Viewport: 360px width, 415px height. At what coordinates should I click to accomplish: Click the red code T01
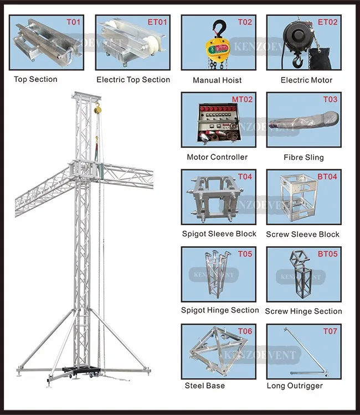(x=74, y=23)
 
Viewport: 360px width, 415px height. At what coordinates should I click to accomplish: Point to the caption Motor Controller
(x=217, y=157)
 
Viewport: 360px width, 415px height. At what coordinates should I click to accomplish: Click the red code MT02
(x=242, y=100)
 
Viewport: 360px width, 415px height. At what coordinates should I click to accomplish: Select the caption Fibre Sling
(x=304, y=157)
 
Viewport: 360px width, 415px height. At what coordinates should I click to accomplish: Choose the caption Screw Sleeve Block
(x=303, y=235)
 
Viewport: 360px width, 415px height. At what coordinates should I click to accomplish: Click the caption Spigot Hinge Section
(x=220, y=310)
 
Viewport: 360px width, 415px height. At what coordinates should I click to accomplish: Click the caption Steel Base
(x=205, y=385)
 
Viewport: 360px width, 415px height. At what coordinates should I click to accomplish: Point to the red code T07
(x=330, y=331)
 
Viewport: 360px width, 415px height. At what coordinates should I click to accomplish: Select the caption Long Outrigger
(x=295, y=386)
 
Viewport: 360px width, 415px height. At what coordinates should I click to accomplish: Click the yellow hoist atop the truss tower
(x=97, y=108)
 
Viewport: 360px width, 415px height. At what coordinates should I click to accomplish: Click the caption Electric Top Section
(x=133, y=80)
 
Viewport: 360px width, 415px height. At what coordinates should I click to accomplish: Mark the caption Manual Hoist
(x=217, y=80)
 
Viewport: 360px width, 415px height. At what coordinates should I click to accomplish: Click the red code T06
(x=245, y=331)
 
